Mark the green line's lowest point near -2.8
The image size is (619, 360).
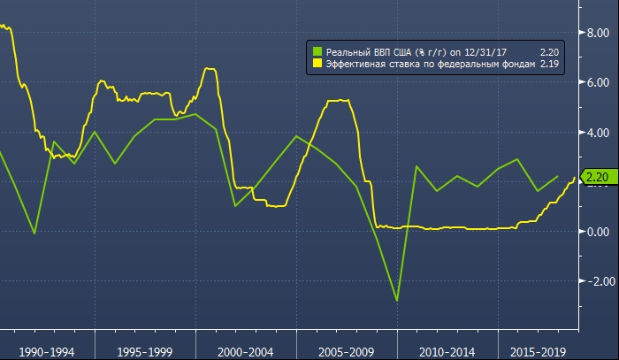(x=397, y=301)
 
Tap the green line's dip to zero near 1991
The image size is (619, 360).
(x=34, y=234)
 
